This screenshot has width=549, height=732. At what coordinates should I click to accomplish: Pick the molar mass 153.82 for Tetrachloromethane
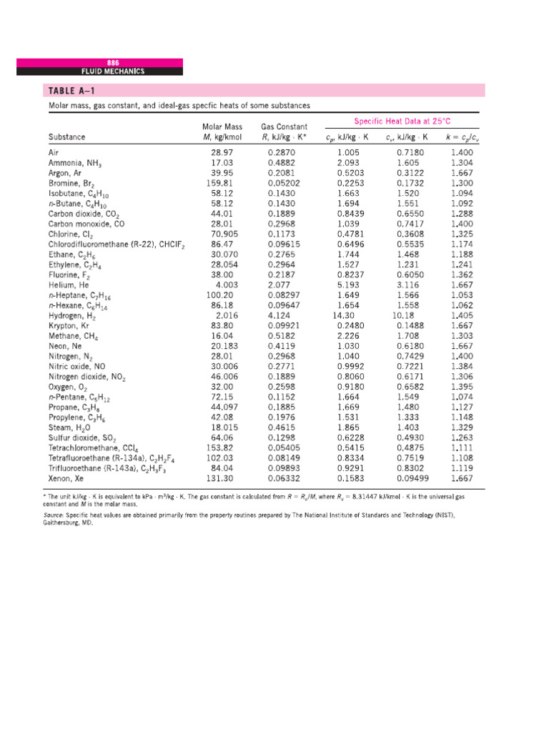pos(220,447)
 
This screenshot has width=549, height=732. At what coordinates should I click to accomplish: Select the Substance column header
pos(66,136)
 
